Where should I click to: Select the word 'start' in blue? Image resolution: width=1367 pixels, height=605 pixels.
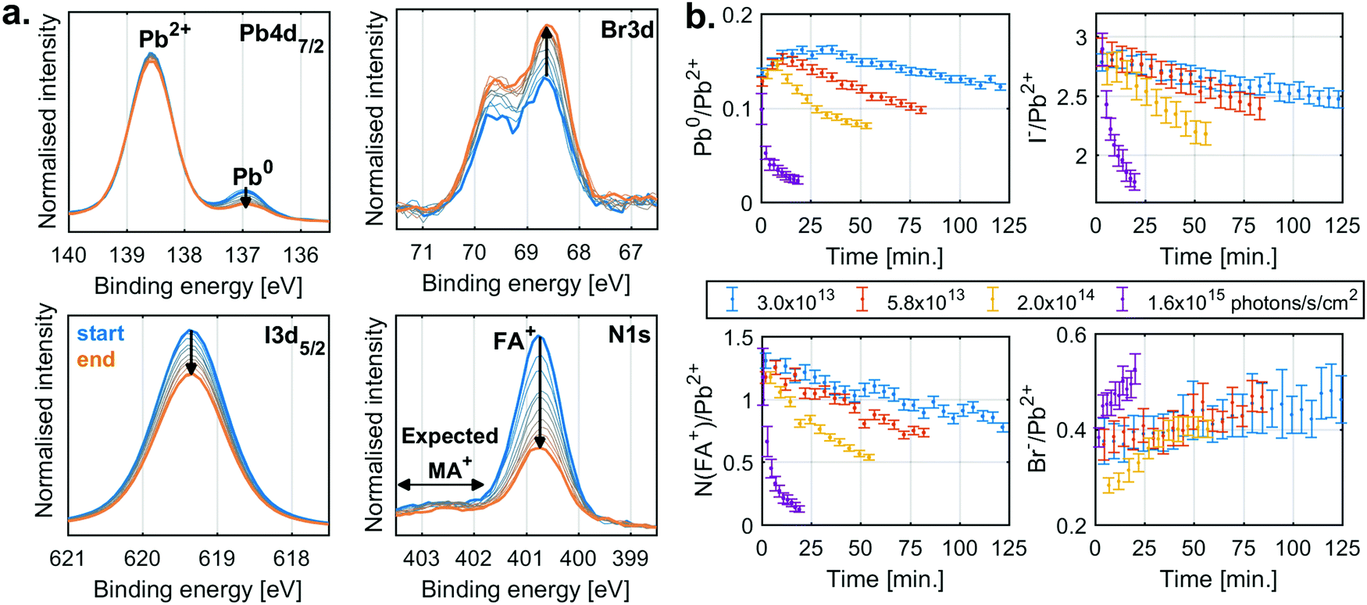click(x=101, y=334)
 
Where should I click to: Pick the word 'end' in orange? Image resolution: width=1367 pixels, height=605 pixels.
click(x=96, y=360)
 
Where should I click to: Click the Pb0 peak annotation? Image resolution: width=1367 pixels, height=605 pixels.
click(x=252, y=175)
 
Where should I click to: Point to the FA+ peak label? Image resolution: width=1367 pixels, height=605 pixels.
click(x=514, y=340)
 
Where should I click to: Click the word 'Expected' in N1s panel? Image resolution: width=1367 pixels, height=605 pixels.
click(x=449, y=436)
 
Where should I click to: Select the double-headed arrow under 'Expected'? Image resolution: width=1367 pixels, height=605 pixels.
click(x=441, y=485)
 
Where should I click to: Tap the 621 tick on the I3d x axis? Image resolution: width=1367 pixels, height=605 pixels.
click(x=68, y=558)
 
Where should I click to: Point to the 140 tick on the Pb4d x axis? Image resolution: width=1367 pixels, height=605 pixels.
click(x=69, y=255)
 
